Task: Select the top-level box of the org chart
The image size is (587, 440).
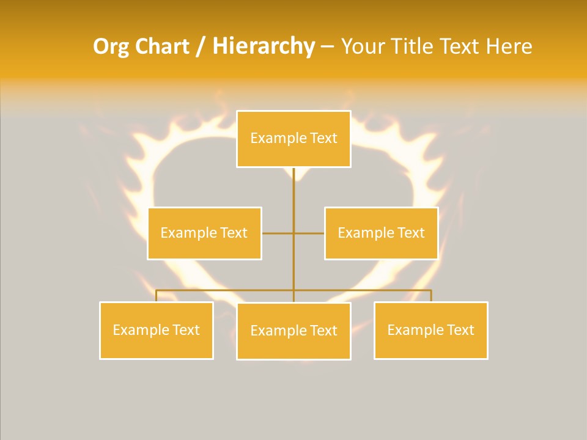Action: [x=293, y=139]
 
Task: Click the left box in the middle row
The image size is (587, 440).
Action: [x=204, y=233]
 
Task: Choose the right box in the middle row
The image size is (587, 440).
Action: [x=381, y=233]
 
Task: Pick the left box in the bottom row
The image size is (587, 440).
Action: [x=156, y=330]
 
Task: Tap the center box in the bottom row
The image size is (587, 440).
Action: [x=293, y=331]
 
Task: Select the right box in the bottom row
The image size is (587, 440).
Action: [x=430, y=330]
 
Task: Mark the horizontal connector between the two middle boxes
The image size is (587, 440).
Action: [x=278, y=233]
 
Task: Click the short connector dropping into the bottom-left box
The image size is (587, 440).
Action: [x=156, y=296]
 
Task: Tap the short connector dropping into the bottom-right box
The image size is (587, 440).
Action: [x=431, y=296]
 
